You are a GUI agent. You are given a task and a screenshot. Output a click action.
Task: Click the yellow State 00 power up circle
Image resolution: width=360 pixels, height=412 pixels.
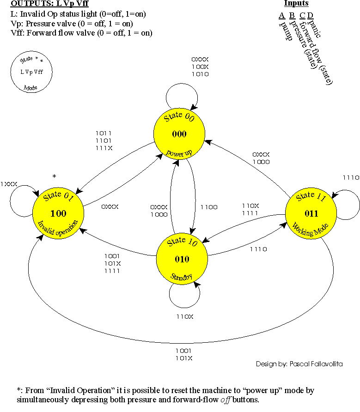[179, 134]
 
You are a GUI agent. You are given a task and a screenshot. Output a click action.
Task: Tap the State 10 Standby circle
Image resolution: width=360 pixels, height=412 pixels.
[182, 259]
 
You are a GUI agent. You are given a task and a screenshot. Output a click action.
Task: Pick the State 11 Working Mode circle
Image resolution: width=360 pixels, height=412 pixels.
[311, 213]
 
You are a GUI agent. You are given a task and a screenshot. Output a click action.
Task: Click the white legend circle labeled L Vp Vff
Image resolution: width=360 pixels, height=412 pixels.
[31, 72]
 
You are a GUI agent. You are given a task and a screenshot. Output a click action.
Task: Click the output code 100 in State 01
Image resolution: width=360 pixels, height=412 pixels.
[58, 213]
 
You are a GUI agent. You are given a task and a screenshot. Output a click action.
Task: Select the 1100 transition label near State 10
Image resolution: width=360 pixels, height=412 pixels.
[209, 207]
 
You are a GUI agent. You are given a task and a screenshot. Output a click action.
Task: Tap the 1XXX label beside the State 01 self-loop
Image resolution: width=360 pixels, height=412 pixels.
[9, 183]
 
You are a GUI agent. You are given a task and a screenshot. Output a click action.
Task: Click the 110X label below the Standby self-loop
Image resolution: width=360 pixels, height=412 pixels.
[185, 316]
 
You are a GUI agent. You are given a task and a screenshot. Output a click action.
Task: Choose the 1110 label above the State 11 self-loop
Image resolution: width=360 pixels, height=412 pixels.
[351, 177]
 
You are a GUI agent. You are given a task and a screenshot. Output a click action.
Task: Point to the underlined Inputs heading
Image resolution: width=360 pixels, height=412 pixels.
[296, 3]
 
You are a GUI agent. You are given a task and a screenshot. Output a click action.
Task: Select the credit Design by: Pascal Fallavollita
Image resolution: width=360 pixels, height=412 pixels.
[299, 364]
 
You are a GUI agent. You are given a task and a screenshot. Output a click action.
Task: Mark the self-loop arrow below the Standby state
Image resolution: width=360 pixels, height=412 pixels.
[185, 296]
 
